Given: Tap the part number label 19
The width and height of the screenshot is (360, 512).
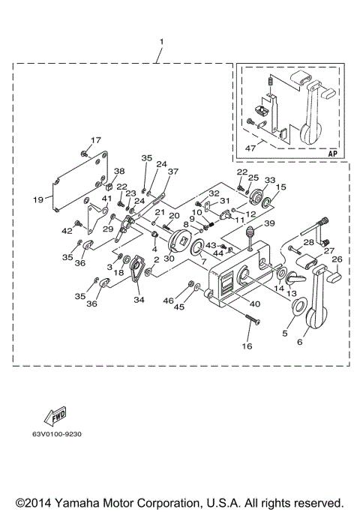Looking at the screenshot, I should [x=38, y=200].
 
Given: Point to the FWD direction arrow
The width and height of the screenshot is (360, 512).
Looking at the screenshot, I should [x=55, y=415].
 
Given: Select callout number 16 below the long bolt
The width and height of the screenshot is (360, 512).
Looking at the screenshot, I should [x=247, y=346].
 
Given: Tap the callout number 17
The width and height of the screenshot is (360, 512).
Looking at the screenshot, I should [x=95, y=140].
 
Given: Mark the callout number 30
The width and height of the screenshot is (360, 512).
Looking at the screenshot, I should [x=169, y=259].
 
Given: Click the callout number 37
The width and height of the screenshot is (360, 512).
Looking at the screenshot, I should [x=173, y=172].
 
